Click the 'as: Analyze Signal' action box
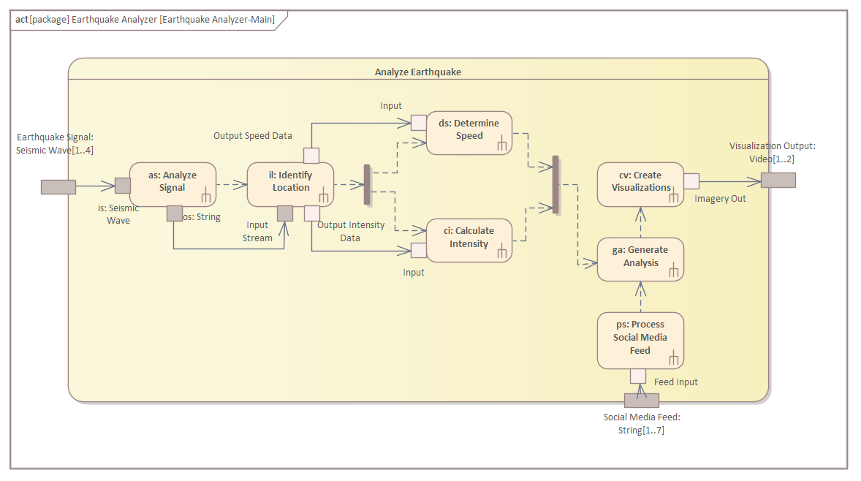pyautogui.click(x=172, y=184)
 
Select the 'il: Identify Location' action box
pyautogui.click(x=290, y=184)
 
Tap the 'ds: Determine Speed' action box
pyautogui.click(x=469, y=133)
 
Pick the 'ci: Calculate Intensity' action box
pyautogui.click(x=469, y=240)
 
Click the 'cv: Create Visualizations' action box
pyautogui.click(x=640, y=184)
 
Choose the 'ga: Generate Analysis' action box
pyautogui.click(x=640, y=260)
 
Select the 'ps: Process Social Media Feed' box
pyautogui.click(x=640, y=341)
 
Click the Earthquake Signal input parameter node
pyautogui.click(x=58, y=186)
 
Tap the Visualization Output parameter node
pyautogui.click(x=778, y=180)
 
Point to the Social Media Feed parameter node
pyautogui.click(x=641, y=401)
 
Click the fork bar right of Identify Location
pyautogui.click(x=367, y=184)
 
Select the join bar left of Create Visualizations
pyautogui.click(x=555, y=184)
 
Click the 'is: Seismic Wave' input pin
pyautogui.click(x=123, y=186)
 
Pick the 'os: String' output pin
pyautogui.click(x=175, y=213)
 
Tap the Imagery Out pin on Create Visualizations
pyautogui.click(x=691, y=181)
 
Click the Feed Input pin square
pyautogui.click(x=638, y=376)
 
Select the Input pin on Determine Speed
pyautogui.click(x=418, y=123)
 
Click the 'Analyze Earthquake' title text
pyautogui.click(x=418, y=72)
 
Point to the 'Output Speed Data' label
pyautogui.click(x=253, y=136)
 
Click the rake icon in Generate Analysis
pyautogui.click(x=674, y=270)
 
